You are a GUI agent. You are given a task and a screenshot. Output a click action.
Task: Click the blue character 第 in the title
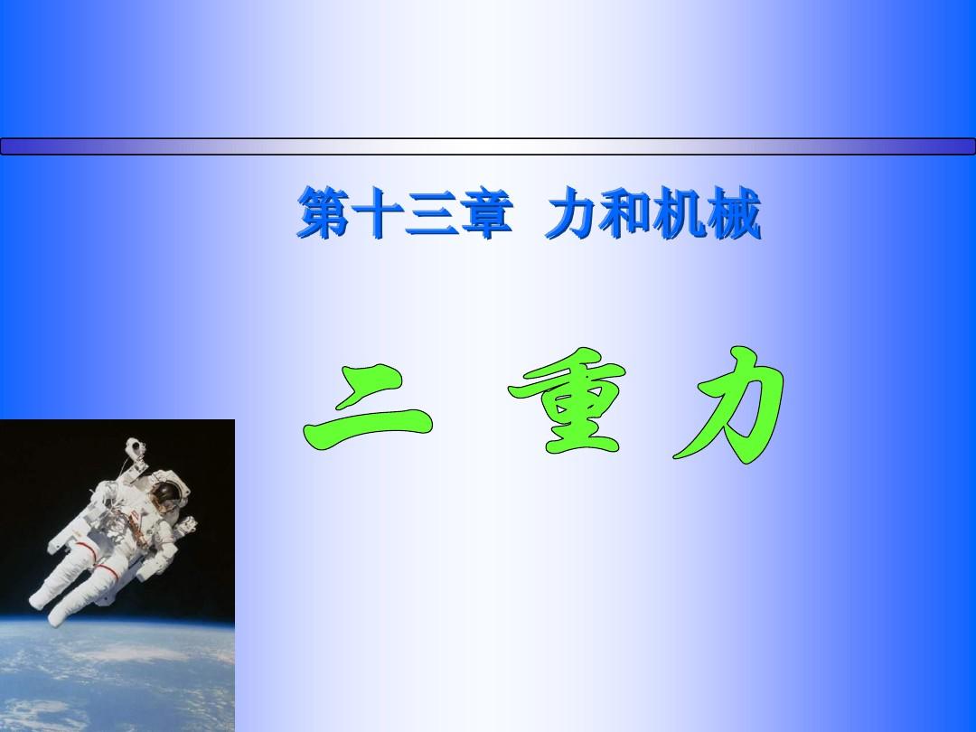pyautogui.click(x=324, y=213)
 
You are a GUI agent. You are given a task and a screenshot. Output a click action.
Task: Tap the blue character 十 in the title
pyautogui.click(x=377, y=213)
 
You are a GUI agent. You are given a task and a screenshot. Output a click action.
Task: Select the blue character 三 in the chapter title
pyautogui.click(x=431, y=213)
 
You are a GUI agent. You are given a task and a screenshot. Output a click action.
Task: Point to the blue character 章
pyautogui.click(x=486, y=213)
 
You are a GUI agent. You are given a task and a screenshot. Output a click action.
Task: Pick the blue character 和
pyautogui.click(x=625, y=213)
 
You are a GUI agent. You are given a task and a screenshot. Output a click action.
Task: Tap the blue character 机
pyautogui.click(x=680, y=213)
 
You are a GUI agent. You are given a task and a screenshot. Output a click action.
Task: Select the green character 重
pyautogui.click(x=567, y=401)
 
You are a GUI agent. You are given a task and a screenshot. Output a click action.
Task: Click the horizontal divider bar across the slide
pyautogui.click(x=488, y=146)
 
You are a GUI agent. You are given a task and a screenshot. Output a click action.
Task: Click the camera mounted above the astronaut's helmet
pyautogui.click(x=135, y=447)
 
